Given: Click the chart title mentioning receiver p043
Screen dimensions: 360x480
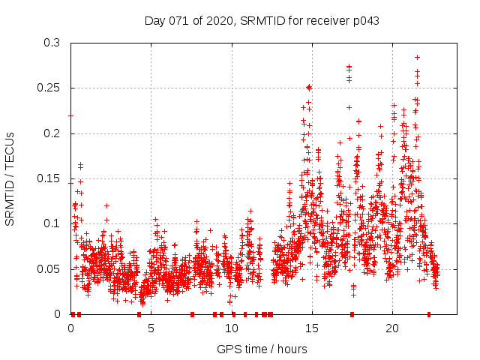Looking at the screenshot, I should (261, 21).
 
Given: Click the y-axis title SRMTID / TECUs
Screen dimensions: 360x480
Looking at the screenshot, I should (10, 178).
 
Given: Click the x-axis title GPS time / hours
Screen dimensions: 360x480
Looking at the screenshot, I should (261, 349).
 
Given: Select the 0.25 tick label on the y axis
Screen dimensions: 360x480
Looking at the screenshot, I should (50, 88).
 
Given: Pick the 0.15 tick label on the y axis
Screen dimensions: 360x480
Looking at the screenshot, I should (50, 178).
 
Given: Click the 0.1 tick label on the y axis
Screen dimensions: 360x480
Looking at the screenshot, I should (53, 223).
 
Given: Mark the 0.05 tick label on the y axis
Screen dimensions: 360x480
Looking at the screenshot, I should (50, 268).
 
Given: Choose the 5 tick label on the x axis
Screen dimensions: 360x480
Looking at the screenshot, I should (151, 328).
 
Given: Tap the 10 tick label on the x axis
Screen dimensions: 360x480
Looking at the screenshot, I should (232, 328).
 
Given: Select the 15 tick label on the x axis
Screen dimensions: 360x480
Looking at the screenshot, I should (312, 328).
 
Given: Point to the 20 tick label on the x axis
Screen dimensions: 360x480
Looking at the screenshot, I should (392, 328).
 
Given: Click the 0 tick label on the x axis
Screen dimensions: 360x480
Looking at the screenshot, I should (71, 328).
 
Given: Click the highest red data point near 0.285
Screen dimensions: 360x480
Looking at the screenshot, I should (417, 57).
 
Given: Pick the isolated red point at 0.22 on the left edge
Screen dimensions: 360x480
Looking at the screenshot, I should (71, 115).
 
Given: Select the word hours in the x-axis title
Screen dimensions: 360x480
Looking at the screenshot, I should (289, 349).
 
